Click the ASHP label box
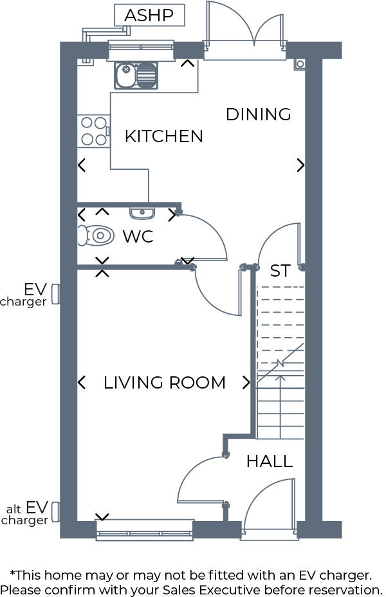tap(149, 15)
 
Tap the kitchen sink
tap(136, 75)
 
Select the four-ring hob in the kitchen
tap(93, 131)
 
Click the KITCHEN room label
tap(163, 136)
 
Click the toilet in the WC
tap(95, 236)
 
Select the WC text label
tap(138, 237)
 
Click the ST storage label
tap(280, 271)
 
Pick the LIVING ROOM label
tap(164, 383)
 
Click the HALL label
tap(270, 461)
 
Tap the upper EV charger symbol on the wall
tap(56, 294)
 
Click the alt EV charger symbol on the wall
tap(56, 513)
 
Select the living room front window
tap(144, 531)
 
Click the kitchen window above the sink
tap(141, 50)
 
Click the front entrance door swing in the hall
tap(270, 505)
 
